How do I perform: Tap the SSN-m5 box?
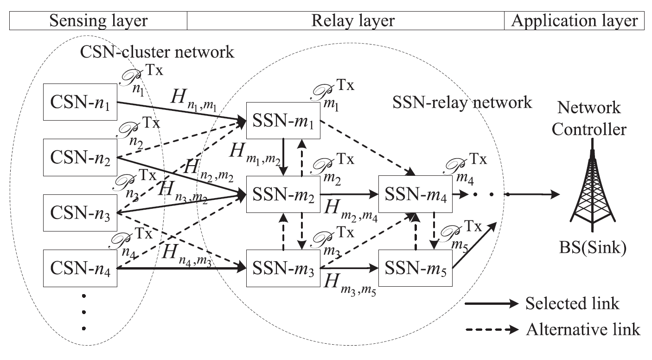pos(415,268)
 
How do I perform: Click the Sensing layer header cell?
pos(98,21)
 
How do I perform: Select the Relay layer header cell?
pos(346,21)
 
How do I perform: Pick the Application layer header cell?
pos(574,21)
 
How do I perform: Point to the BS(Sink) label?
pos(593,249)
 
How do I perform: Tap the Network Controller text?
pos(592,118)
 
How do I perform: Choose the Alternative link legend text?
pos(583,329)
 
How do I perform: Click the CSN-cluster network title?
pos(158,51)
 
